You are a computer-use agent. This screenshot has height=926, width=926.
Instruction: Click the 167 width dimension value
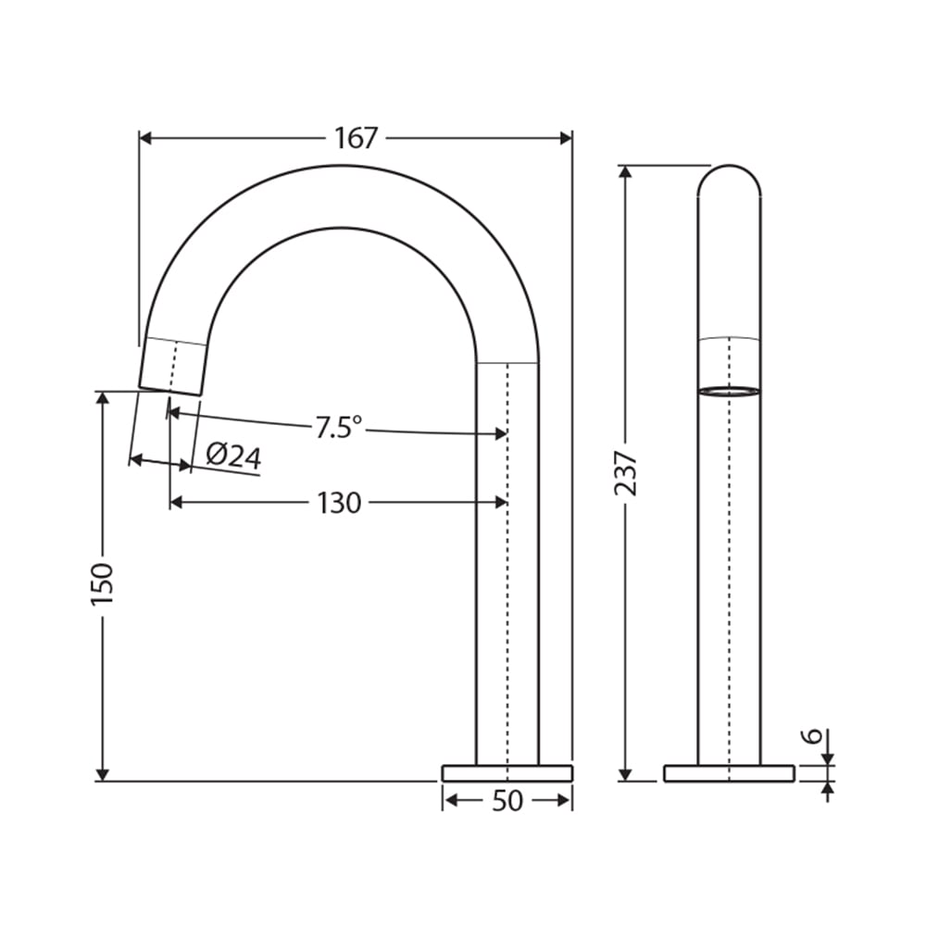point(356,138)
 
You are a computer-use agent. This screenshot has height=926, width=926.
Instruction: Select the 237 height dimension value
point(626,473)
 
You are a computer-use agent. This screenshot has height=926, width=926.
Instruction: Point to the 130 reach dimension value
point(339,503)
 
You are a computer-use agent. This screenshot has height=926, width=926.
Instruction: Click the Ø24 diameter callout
point(233,456)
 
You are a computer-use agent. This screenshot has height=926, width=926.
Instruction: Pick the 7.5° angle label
point(338,427)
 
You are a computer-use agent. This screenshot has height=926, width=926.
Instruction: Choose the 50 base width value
point(507,801)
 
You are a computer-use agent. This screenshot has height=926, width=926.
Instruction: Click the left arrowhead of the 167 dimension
point(146,138)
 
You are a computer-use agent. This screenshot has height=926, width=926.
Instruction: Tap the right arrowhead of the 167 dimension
point(566,138)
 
